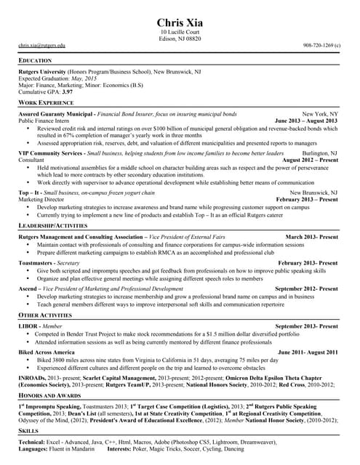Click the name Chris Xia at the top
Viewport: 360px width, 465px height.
click(180, 22)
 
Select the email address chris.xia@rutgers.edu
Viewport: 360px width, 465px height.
click(42, 45)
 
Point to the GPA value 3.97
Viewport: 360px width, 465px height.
click(67, 92)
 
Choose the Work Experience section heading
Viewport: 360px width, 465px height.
click(46, 104)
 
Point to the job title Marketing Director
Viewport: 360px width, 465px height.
click(41, 199)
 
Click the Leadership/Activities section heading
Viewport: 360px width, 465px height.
click(54, 227)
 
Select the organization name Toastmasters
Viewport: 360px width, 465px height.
click(36, 262)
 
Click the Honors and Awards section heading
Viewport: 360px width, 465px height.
click(48, 394)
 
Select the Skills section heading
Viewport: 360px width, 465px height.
click(28, 432)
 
